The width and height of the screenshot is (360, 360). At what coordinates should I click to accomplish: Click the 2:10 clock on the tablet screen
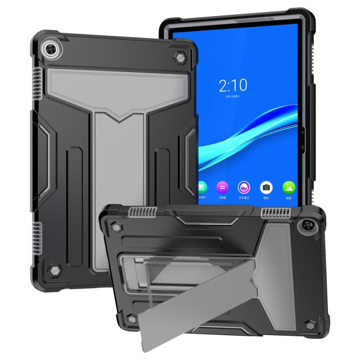coord(233,85)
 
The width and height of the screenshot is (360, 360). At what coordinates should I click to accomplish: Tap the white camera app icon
coord(266,186)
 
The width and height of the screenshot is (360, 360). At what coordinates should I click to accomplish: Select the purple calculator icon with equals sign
coord(222,186)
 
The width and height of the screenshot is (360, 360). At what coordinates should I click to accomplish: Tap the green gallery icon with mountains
coord(288,186)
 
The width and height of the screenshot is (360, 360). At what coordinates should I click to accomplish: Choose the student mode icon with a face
coord(244,186)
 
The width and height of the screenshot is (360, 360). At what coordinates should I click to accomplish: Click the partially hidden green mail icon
coord(202,186)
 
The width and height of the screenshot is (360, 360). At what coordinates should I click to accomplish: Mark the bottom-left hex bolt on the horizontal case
coord(131,319)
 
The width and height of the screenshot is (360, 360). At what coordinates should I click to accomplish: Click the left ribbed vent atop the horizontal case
coord(139,211)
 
